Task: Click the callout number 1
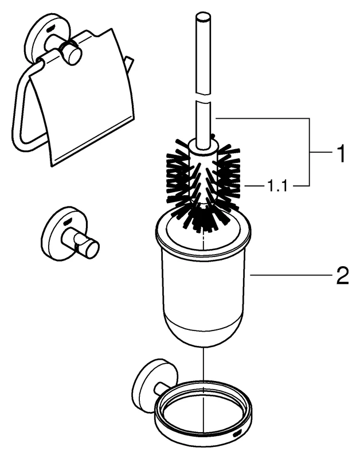341,153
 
